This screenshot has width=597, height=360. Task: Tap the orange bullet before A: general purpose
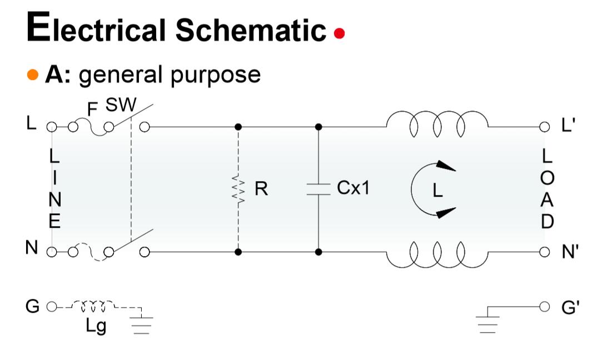pos(33,74)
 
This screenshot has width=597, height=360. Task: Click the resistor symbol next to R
pos(238,189)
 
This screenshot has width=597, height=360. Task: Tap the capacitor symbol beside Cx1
pos(319,189)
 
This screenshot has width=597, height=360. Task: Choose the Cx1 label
pos(353,189)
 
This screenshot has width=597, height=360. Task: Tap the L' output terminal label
pos(568,126)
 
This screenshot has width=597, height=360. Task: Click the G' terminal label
pos(569,306)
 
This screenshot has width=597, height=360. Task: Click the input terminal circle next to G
pos(51,306)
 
